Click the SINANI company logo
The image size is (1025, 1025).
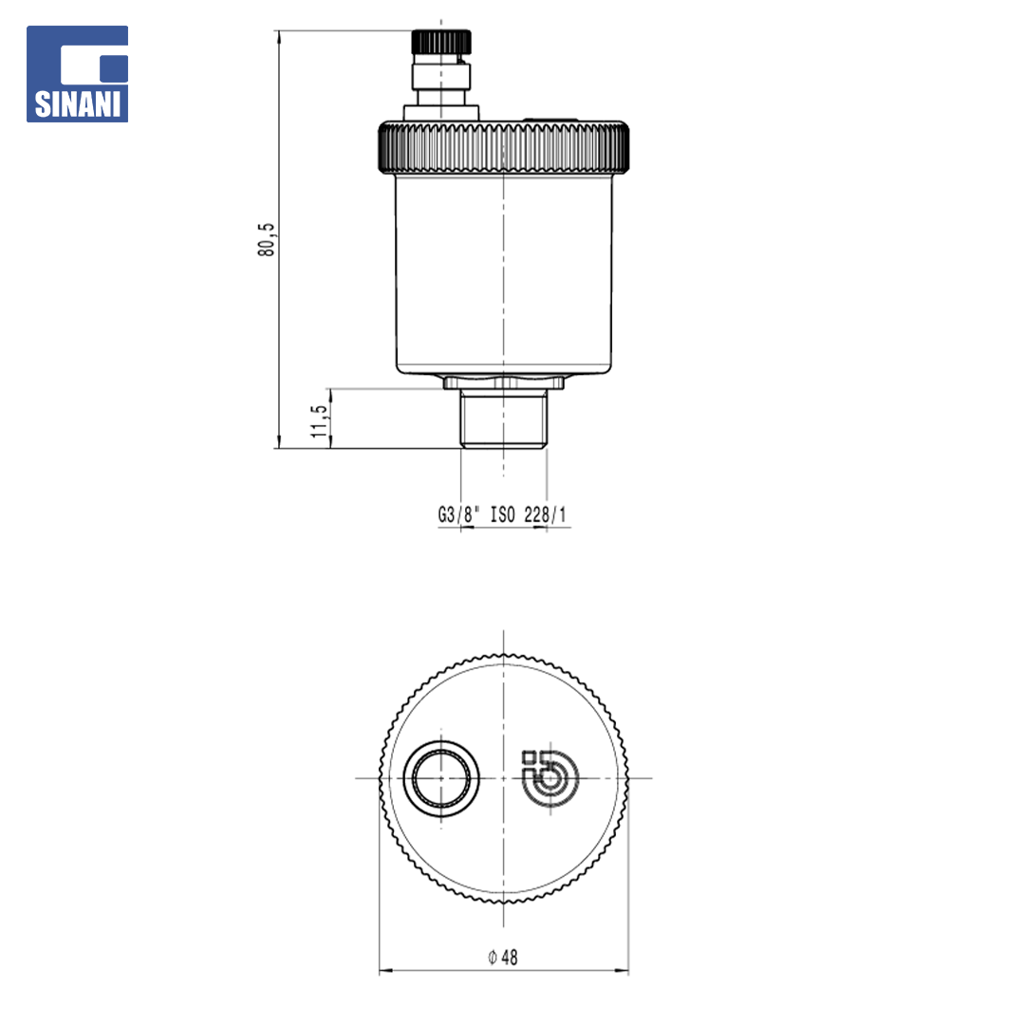click(77, 74)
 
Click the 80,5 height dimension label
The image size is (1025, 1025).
click(266, 239)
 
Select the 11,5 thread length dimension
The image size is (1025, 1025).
click(318, 421)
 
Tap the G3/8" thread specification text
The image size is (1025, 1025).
click(458, 514)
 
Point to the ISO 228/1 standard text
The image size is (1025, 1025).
click(529, 514)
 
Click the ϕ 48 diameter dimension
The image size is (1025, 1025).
click(503, 957)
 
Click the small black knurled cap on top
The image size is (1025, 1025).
click(441, 42)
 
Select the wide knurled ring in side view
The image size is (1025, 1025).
click(503, 148)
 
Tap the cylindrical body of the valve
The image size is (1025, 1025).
click(503, 274)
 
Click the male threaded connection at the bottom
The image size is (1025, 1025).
click(503, 419)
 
